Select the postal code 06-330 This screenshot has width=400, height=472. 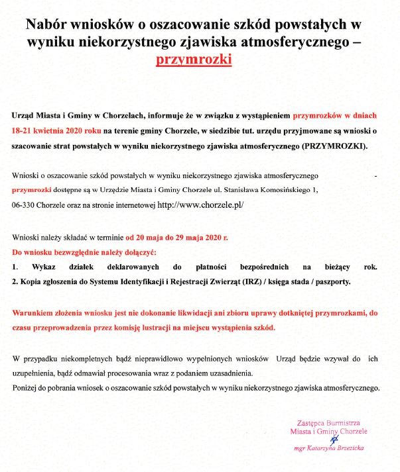pyautogui.click(x=25, y=206)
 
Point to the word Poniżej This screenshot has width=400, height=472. pyautogui.click(x=27, y=387)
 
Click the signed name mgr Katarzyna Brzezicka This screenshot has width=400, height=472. pyautogui.click(x=328, y=448)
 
